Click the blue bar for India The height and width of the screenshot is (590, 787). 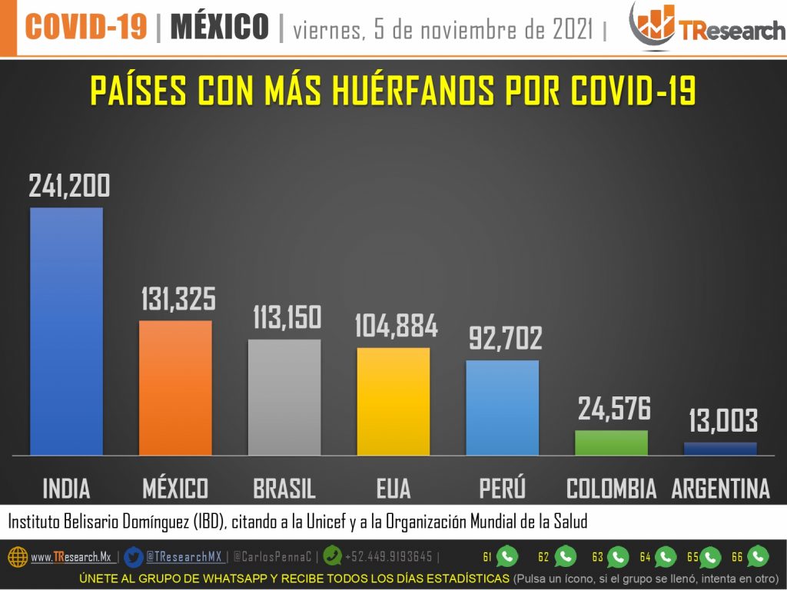[x=66, y=331]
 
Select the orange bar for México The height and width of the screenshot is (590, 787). [x=175, y=388]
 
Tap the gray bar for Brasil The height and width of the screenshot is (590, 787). [x=284, y=397]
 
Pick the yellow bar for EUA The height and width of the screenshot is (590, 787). [x=393, y=401]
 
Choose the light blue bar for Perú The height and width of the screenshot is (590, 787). [x=503, y=407]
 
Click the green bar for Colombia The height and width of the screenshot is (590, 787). [x=612, y=442]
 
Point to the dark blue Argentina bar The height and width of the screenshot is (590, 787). [x=720, y=449]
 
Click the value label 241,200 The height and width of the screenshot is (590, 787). [x=69, y=186]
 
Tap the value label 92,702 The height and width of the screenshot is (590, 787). [x=505, y=339]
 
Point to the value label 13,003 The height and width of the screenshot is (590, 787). [x=722, y=421]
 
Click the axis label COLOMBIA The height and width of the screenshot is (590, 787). [x=612, y=489]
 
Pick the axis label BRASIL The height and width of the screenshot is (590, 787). [x=284, y=489]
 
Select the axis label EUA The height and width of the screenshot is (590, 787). [x=393, y=489]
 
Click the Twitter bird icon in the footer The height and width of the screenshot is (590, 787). [x=133, y=556]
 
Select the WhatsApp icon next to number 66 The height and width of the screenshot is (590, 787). [x=758, y=556]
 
